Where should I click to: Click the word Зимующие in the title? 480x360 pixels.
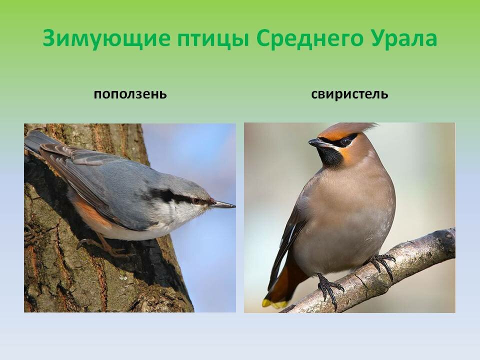(x=106, y=38)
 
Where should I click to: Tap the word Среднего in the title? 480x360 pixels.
(x=308, y=38)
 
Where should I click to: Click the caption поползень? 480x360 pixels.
(x=130, y=94)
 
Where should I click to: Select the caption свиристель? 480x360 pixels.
(x=349, y=94)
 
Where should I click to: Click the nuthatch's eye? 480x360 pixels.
(x=196, y=201)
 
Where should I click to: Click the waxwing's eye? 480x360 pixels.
(x=345, y=141)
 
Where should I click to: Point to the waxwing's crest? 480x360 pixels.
(x=355, y=128)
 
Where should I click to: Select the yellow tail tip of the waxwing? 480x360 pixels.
(x=274, y=303)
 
